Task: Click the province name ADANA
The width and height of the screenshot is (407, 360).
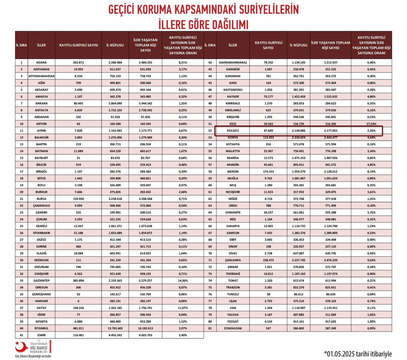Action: point(41,63)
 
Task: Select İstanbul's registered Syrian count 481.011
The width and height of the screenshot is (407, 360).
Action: point(78,328)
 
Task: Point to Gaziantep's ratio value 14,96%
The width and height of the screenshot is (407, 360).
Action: point(183,280)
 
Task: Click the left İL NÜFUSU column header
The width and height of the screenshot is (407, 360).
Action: point(115,46)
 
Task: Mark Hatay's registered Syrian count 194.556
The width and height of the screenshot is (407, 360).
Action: point(78,307)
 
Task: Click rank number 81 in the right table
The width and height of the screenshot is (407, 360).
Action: point(210,328)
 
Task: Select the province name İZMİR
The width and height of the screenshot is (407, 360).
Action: point(41,335)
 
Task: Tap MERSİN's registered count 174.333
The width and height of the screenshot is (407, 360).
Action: point(269,171)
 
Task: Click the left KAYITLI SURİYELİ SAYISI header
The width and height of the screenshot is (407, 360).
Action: point(78,46)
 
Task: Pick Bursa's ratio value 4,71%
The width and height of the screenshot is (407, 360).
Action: point(183,198)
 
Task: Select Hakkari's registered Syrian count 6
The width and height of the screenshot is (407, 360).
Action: point(78,300)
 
